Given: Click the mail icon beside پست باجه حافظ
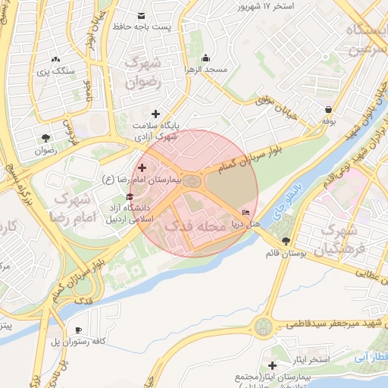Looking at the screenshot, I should coord(141,15).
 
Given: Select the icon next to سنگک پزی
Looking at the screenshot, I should coord(55,60).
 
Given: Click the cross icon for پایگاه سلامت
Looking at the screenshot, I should coord(155,114).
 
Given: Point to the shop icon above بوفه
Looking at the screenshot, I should coord(328,108).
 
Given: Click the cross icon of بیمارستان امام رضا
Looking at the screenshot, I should coord(142,167).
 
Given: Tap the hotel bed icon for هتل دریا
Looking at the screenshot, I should coord(246,213).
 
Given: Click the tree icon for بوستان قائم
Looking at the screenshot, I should coord(285,241).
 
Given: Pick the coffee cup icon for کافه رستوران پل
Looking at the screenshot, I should coord(78,330).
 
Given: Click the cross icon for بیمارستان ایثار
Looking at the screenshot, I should coord(272,366).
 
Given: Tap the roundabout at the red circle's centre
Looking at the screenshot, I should coord(192,181).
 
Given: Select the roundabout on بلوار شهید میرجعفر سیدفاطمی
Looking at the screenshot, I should coord(263,327).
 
